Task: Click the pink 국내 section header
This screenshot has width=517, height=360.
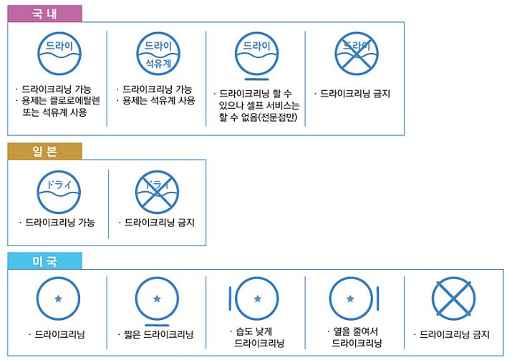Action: [x=44, y=13]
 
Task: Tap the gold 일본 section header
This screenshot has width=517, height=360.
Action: [x=44, y=150]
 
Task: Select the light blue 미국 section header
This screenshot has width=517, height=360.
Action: [x=44, y=261]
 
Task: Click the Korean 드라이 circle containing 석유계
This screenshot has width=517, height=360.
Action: [x=158, y=54]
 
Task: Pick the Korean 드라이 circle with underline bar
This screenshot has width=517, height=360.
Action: [x=256, y=54]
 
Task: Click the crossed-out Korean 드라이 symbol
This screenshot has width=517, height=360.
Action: [x=356, y=54]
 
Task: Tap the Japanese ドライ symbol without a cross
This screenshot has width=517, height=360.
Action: [x=58, y=192]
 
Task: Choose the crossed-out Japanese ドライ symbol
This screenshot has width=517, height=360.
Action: [x=157, y=192]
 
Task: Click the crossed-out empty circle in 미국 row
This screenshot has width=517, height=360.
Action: [x=453, y=298]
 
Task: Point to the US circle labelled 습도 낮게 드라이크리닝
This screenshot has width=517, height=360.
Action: [x=256, y=298]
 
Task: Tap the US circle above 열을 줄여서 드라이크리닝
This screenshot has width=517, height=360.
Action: [x=351, y=298]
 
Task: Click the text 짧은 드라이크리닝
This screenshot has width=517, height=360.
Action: [x=157, y=334]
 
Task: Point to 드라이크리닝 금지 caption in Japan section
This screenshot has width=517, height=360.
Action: [x=160, y=223]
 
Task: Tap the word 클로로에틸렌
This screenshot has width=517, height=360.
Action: [x=78, y=101]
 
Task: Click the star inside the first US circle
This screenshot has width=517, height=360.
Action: [x=58, y=297]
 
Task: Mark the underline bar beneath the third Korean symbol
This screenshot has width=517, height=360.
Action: [x=256, y=78]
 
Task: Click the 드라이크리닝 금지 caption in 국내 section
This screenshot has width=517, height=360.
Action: [x=355, y=93]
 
